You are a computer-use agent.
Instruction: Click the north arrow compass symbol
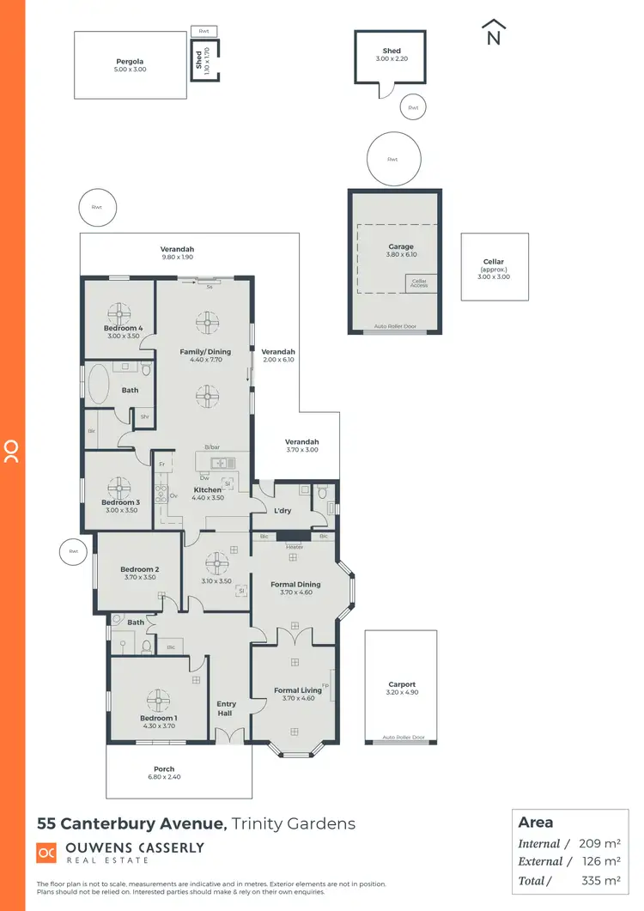click(493, 32)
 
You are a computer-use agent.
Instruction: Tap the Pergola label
click(130, 62)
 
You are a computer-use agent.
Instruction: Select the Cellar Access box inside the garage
click(419, 282)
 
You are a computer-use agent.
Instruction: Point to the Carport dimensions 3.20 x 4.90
click(400, 693)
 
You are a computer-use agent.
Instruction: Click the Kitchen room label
click(207, 490)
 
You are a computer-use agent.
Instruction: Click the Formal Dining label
click(295, 585)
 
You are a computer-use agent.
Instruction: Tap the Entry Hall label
click(227, 708)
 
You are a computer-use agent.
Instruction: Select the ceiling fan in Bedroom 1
click(158, 699)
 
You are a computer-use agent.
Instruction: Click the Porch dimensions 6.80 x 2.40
click(163, 777)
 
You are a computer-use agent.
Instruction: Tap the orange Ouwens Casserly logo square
click(46, 853)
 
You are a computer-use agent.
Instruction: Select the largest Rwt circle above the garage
click(393, 159)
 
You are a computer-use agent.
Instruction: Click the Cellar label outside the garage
click(494, 262)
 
